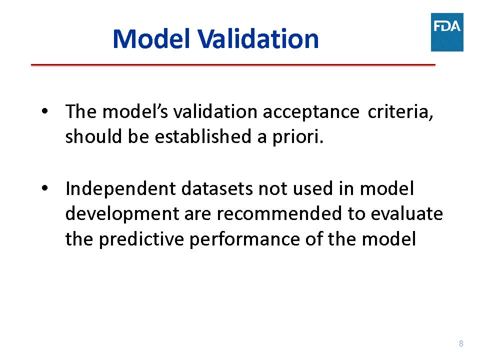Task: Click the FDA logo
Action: tap(447, 32)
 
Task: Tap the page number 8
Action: tap(461, 343)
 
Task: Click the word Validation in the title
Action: tap(258, 39)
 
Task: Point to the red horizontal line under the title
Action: tap(233, 65)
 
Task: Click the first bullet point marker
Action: tap(44, 111)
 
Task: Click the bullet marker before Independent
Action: tap(44, 187)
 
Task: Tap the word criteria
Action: tap(400, 111)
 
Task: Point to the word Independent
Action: tap(120, 189)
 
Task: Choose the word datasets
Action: tap(217, 188)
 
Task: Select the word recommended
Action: tap(279, 213)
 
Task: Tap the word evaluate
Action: tap(407, 213)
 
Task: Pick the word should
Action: tap(93, 136)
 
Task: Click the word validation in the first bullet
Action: tap(215, 111)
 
